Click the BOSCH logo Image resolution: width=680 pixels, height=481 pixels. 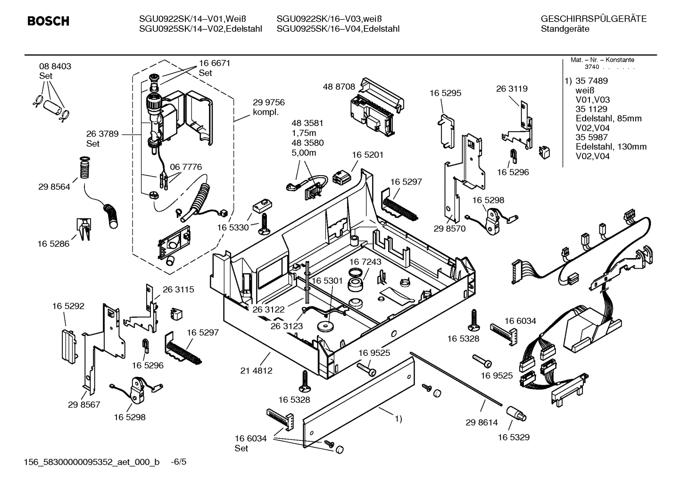(x=48, y=21)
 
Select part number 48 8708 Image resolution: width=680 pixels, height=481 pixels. (x=339, y=87)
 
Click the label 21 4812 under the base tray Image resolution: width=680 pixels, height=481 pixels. (x=256, y=371)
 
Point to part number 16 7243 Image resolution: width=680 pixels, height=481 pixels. (x=365, y=262)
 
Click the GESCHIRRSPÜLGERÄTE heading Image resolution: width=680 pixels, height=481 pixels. (x=593, y=19)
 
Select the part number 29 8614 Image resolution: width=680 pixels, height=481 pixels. (x=481, y=422)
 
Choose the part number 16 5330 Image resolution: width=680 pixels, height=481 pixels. (x=232, y=228)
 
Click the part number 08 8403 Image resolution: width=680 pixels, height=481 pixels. (x=55, y=67)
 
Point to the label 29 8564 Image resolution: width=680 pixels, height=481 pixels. (x=54, y=187)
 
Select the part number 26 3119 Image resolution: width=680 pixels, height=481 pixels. (x=512, y=89)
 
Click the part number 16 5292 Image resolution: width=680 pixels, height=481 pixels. (x=68, y=306)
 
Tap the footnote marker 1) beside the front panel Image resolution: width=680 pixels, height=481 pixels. (x=398, y=419)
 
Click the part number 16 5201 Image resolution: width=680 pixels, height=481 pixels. (x=368, y=155)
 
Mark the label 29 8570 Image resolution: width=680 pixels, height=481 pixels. (x=449, y=229)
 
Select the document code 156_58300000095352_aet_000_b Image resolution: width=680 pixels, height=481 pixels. (x=92, y=462)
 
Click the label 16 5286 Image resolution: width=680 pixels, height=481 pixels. (x=53, y=244)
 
